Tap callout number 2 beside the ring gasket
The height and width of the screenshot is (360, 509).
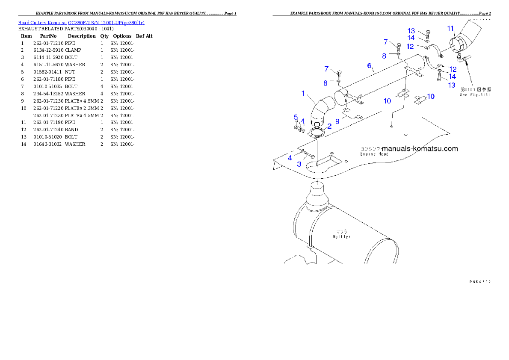(329, 126)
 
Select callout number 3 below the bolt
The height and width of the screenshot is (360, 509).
(299, 164)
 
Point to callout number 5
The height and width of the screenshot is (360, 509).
(296, 117)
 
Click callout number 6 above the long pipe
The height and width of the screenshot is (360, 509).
(369, 65)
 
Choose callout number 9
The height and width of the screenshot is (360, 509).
(337, 121)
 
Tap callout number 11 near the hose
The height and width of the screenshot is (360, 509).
(450, 29)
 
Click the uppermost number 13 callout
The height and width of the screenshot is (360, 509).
(411, 31)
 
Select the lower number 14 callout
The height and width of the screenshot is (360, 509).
(452, 77)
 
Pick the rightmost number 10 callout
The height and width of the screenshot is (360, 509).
(431, 97)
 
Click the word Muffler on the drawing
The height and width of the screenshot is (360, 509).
(341, 237)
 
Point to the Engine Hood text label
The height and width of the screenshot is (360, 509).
(374, 154)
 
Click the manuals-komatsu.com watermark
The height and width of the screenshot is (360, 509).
(420, 149)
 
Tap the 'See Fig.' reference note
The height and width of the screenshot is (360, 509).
(475, 94)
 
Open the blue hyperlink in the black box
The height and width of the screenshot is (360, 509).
(81, 22)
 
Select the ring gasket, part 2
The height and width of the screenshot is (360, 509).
(317, 132)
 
